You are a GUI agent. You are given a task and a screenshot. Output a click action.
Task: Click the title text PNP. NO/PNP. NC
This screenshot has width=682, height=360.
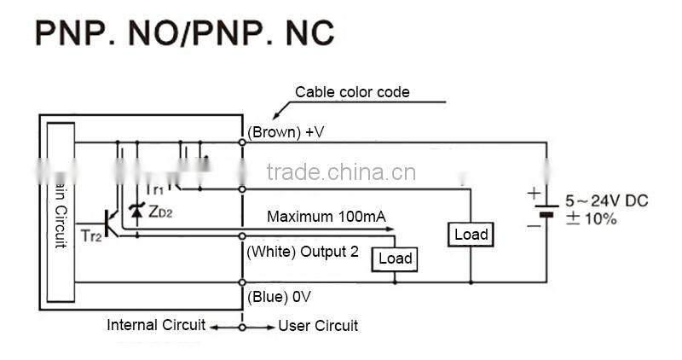coord(183,33)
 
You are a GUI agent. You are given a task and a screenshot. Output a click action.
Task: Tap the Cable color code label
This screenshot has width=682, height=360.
coord(352,92)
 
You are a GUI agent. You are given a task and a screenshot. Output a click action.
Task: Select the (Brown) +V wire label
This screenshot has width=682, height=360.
coord(286,131)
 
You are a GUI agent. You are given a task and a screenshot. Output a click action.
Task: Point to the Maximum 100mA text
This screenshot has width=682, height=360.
coord(326,217)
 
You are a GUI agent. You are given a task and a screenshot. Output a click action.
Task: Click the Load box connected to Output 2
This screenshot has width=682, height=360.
coord(395,258)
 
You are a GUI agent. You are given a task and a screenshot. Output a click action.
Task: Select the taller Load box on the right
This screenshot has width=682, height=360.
coord(471,235)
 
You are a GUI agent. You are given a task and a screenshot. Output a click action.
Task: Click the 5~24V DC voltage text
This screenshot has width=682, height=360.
coord(606,201)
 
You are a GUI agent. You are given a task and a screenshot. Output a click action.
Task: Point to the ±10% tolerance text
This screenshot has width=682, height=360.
coord(591,218)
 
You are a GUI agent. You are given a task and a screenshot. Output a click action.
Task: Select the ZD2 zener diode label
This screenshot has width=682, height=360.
coord(159,211)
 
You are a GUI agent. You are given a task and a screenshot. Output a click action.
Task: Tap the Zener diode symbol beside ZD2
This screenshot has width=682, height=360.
coord(135,209)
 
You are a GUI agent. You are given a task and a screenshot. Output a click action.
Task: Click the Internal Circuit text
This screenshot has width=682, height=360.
coord(156,325)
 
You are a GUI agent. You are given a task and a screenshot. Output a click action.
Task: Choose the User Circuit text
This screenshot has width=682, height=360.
coord(318,326)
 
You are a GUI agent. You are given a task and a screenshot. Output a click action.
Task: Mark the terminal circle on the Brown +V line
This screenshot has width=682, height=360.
coord(243,142)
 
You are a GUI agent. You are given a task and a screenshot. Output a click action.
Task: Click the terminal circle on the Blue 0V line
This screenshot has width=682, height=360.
coord(243,282)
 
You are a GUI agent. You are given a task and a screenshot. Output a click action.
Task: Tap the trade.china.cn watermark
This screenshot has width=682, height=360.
coord(341,173)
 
